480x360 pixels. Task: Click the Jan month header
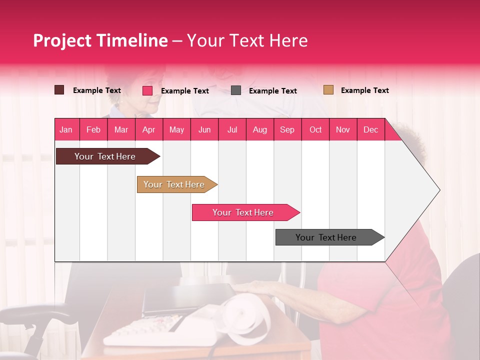[x=66, y=129]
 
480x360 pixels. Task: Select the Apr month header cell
[x=148, y=129]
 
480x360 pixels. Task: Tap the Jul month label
[x=232, y=129]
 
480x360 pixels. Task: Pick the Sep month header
[x=287, y=129]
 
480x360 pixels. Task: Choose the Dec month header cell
[x=370, y=129]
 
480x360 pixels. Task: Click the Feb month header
[x=93, y=129]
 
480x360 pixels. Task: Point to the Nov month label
[x=342, y=129]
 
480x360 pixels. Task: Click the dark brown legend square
[x=59, y=90]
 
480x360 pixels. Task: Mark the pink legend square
[x=147, y=90]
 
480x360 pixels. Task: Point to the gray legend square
[x=236, y=90]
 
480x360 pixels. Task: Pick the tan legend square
[x=328, y=90]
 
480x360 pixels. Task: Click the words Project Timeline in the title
[x=100, y=40]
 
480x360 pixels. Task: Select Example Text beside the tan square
[x=364, y=90]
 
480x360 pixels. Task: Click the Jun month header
[x=204, y=129]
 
